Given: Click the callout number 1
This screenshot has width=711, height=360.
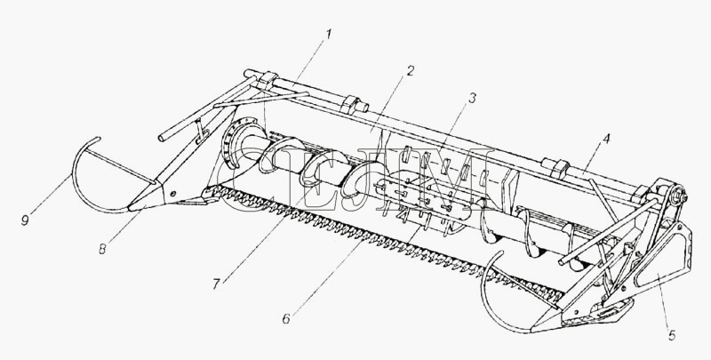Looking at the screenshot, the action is pyautogui.click(x=329, y=34).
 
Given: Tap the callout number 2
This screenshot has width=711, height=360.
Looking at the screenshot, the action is pyautogui.click(x=410, y=70).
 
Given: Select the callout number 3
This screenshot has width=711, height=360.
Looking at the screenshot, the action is pyautogui.click(x=472, y=97).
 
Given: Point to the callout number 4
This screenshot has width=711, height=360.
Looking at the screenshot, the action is pyautogui.click(x=606, y=139).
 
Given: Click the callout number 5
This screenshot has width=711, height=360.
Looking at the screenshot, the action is pyautogui.click(x=672, y=335).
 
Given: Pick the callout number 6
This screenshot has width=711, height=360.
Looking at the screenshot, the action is pyautogui.click(x=286, y=319).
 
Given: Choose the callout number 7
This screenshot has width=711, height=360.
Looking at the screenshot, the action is pyautogui.click(x=216, y=284).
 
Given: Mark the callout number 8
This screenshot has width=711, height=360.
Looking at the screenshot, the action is pyautogui.click(x=102, y=249).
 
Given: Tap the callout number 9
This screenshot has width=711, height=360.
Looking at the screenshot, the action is pyautogui.click(x=25, y=220).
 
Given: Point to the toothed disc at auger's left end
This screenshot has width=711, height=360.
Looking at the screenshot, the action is pyautogui.click(x=235, y=143).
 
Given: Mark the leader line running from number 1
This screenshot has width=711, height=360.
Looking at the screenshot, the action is pyautogui.click(x=309, y=62).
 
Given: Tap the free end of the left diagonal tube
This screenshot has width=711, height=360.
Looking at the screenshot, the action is pyautogui.click(x=161, y=138).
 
